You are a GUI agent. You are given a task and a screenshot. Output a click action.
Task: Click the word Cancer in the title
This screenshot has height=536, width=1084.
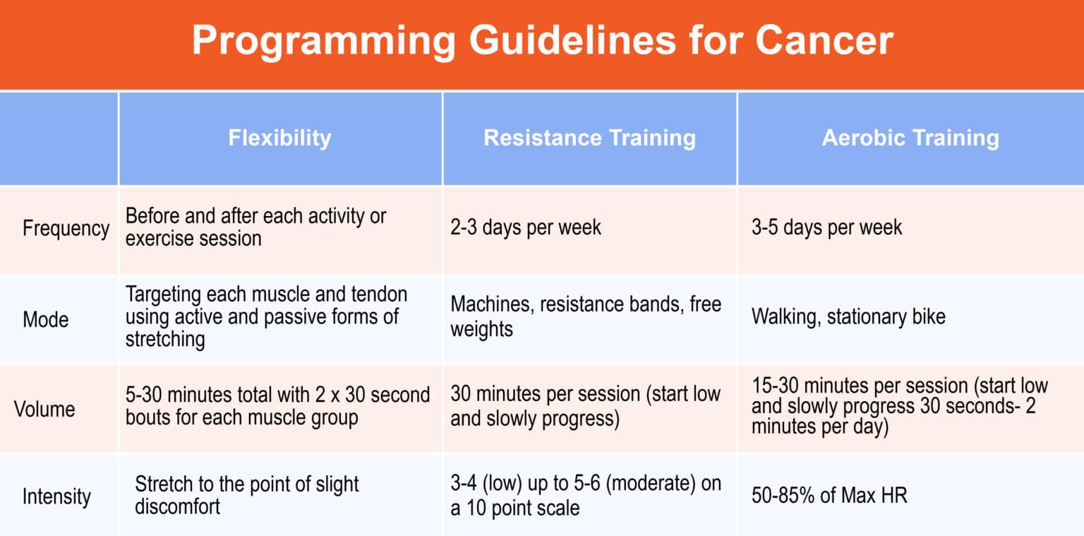824,41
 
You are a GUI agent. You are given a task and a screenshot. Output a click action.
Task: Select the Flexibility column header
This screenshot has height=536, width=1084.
279,138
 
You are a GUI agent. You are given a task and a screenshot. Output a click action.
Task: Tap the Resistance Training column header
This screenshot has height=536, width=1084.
589,138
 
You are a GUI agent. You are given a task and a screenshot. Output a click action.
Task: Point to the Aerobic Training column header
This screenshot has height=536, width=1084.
910,138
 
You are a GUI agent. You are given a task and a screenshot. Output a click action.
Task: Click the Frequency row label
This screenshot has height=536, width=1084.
66,229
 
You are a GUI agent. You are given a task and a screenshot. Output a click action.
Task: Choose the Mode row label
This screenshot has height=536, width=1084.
45,320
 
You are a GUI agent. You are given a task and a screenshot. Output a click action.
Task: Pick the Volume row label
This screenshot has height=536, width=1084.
44,409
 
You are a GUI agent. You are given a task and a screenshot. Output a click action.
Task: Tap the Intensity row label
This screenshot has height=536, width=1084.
56,496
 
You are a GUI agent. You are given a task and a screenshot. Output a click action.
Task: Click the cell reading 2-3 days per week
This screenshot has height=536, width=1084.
526,227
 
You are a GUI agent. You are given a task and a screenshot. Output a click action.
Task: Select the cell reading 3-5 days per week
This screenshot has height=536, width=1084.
826,227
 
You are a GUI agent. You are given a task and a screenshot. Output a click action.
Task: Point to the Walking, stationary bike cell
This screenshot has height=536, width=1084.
848,317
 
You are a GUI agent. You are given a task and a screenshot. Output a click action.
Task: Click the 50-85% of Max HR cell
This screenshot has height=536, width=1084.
829,495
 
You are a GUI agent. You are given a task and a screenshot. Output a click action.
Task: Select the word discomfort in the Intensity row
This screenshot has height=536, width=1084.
177,507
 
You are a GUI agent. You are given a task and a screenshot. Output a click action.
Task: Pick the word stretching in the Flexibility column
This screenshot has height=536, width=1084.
165,340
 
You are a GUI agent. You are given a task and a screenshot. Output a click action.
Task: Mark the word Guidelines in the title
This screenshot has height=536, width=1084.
572,40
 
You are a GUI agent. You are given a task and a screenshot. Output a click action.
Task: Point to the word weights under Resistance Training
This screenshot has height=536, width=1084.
481,330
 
